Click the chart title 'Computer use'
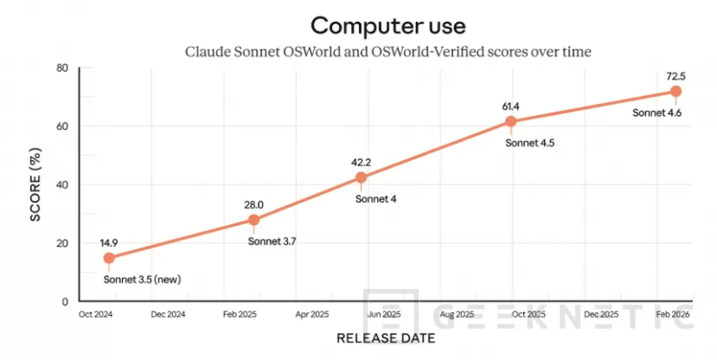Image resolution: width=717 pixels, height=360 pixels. click(387, 24)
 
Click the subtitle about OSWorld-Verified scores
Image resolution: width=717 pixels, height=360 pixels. click(388, 52)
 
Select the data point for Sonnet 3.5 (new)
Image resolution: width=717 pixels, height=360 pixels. click(109, 258)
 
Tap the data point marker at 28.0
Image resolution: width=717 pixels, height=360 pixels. click(253, 220)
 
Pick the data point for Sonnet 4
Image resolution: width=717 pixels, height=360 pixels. click(361, 178)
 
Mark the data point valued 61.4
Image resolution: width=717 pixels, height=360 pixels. click(511, 122)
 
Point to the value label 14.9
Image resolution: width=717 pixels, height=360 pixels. click(109, 242)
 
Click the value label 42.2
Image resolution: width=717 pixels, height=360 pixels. click(361, 162)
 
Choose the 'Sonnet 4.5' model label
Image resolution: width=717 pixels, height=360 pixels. click(529, 143)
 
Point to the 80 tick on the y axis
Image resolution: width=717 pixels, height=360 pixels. click(62, 68)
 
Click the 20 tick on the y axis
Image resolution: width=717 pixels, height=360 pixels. click(62, 243)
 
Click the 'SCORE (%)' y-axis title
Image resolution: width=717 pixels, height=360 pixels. click(36, 184)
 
